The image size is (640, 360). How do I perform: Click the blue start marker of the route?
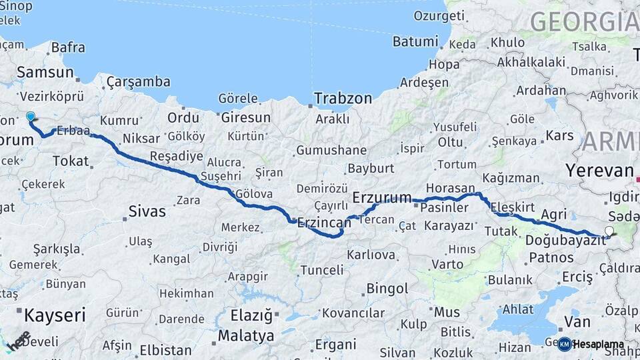[30, 117]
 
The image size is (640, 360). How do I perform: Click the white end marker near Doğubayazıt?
[609, 231]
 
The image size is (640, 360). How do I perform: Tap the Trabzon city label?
[343, 98]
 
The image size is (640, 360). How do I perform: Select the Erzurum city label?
[381, 197]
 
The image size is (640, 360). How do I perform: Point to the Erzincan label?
[324, 222]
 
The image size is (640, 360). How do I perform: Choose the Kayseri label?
[55, 315]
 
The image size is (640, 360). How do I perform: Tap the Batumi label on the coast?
[415, 41]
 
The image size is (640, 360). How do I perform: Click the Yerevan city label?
[599, 170]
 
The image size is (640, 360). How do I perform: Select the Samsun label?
[45, 72]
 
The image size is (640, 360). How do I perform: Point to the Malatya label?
[246, 335]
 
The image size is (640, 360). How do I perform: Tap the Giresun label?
[245, 117]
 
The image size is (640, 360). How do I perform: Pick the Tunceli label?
[322, 270]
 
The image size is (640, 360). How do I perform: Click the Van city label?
[577, 321]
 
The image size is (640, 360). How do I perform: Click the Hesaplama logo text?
[598, 344]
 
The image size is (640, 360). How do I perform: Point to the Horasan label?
[451, 188]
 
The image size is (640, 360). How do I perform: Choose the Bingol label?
[387, 289]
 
